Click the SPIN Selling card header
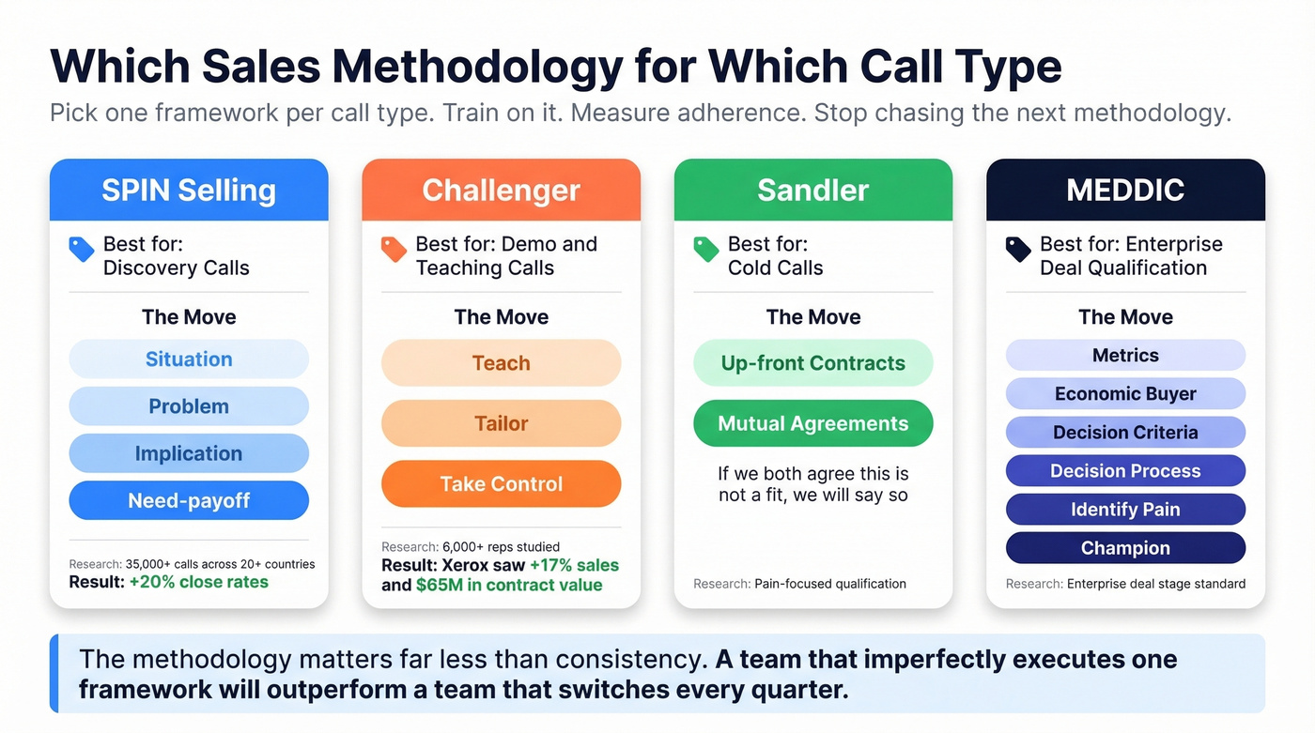(x=189, y=191)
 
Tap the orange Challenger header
(x=501, y=191)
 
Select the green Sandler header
(x=813, y=191)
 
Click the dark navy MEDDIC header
(x=1125, y=191)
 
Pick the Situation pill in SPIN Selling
(x=189, y=359)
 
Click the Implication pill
(x=189, y=453)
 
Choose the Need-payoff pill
(x=189, y=500)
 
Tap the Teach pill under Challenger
(x=501, y=363)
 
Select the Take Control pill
(x=501, y=484)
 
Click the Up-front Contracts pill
(x=813, y=363)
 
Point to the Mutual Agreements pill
(x=813, y=423)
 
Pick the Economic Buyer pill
(x=1125, y=394)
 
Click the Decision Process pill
(x=1125, y=471)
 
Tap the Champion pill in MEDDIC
(x=1125, y=548)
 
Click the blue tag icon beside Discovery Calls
(x=82, y=249)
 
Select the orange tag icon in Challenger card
(x=394, y=249)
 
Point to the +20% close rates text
(x=199, y=582)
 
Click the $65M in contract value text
(x=509, y=585)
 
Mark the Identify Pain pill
(x=1125, y=510)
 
